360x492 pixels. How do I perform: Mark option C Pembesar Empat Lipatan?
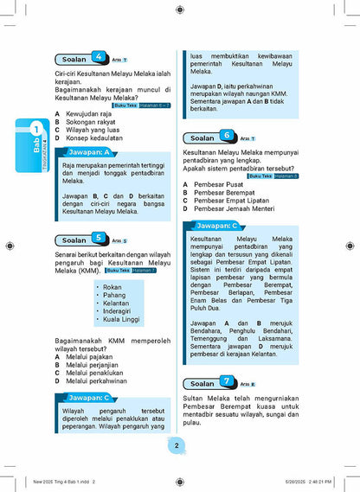click(x=234, y=201)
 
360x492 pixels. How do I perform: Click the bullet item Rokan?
click(x=112, y=287)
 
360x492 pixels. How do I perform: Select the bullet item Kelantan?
click(x=115, y=303)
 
